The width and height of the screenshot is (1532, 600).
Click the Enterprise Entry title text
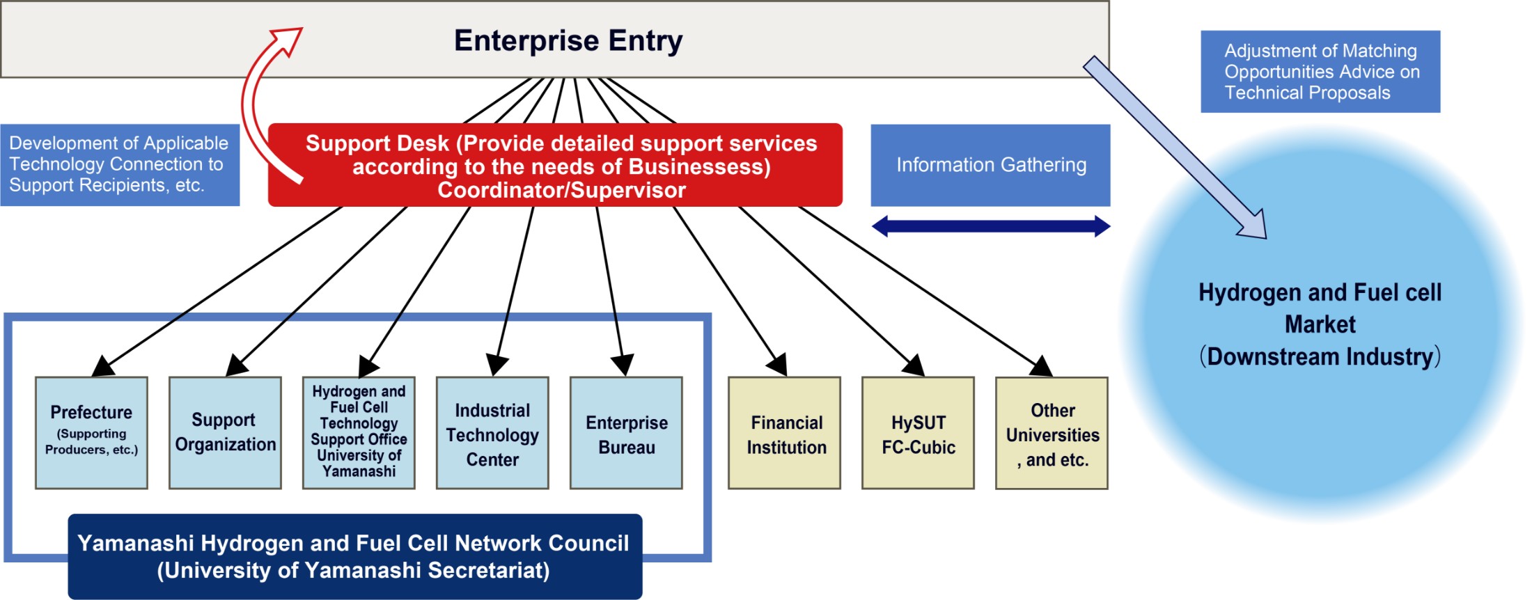coord(568,40)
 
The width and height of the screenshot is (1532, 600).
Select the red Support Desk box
coord(555,165)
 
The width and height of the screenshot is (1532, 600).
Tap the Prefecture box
coord(91,432)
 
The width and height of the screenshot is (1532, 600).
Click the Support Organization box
coord(225,432)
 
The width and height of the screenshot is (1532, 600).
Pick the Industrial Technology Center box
coord(492,432)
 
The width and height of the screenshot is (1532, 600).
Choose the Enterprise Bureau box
coord(626,432)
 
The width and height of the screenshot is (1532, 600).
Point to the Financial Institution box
coord(784,432)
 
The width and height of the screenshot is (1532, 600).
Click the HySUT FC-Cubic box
coord(918,432)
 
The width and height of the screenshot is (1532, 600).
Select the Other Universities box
coord(1052,432)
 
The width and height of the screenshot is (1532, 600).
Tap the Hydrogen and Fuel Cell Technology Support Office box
coord(359,432)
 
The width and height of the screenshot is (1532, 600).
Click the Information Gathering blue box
coord(990,165)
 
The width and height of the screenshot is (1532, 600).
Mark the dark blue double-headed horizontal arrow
coord(990,226)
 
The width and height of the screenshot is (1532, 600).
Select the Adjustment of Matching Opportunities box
coord(1320,72)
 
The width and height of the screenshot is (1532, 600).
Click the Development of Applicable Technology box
coord(120,165)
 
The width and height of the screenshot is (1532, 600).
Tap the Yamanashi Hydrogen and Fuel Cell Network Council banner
coord(354,556)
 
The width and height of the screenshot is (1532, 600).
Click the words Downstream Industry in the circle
coord(1320,356)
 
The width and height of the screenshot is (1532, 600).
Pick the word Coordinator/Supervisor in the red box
coord(561,190)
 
